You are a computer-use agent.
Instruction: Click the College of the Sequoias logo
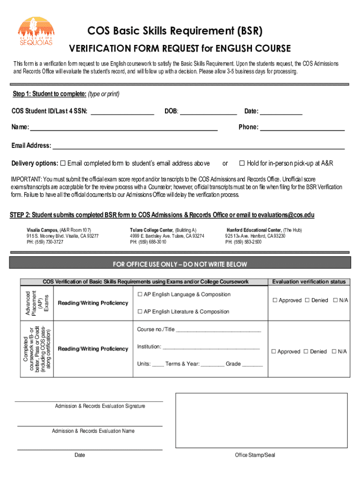click(36, 31)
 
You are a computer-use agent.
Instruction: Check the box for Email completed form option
click(63, 163)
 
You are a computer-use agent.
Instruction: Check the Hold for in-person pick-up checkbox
click(242, 163)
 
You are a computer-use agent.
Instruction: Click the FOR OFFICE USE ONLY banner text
click(180, 264)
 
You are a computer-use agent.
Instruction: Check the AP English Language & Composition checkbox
click(140, 295)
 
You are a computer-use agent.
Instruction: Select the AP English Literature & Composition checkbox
click(140, 312)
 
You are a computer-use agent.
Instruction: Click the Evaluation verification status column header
click(309, 282)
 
